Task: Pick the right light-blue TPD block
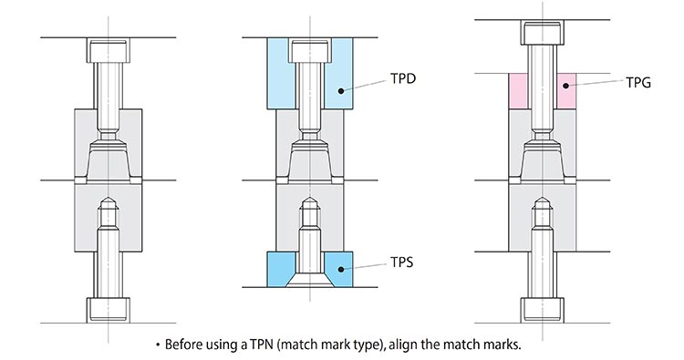click(337, 74)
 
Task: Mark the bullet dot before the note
click(157, 346)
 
